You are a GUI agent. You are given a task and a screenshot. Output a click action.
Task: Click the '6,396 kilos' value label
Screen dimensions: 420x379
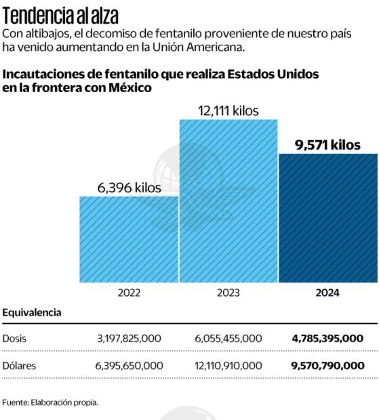point(129,188)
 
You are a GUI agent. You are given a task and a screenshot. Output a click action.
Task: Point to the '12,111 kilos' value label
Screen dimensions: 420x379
point(228,110)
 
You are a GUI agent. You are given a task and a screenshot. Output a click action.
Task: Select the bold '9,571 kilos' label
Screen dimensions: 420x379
point(328,144)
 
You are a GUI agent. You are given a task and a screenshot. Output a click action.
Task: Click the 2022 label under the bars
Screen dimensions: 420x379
point(129,293)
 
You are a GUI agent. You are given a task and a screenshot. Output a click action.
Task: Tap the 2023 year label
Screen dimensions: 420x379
point(228,293)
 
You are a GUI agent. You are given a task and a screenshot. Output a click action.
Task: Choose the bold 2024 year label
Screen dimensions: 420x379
point(328,293)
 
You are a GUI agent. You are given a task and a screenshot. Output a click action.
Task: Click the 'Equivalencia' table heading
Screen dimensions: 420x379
point(32,313)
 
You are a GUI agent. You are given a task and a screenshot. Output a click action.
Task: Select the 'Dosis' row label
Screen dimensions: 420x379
point(16,338)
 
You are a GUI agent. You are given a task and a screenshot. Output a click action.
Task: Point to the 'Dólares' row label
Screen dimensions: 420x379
point(20,366)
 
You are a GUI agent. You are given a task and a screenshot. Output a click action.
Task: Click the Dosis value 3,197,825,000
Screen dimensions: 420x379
point(129,338)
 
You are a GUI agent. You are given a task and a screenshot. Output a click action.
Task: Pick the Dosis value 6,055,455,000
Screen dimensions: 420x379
point(228,338)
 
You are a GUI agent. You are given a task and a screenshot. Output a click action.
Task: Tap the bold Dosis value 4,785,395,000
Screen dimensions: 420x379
point(328,338)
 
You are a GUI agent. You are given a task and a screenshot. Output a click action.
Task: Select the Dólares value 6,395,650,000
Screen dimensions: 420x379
point(129,366)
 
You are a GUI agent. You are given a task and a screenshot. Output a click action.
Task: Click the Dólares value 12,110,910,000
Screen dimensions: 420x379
point(228,366)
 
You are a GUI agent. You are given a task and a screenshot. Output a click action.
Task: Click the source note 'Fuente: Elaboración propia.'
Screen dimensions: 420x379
point(50,402)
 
